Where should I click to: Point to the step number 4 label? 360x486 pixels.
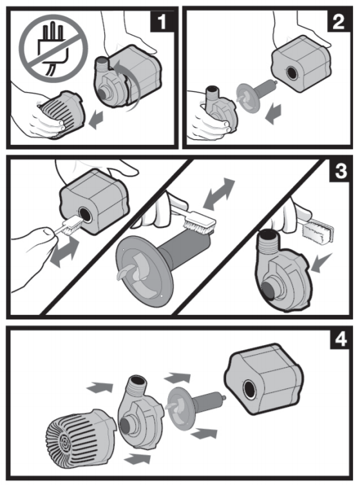coord(341,339)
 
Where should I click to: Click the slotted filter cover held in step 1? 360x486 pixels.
coord(61,114)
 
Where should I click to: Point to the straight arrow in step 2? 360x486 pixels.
coord(273,114)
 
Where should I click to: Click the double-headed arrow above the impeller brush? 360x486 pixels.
coord(218,194)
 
